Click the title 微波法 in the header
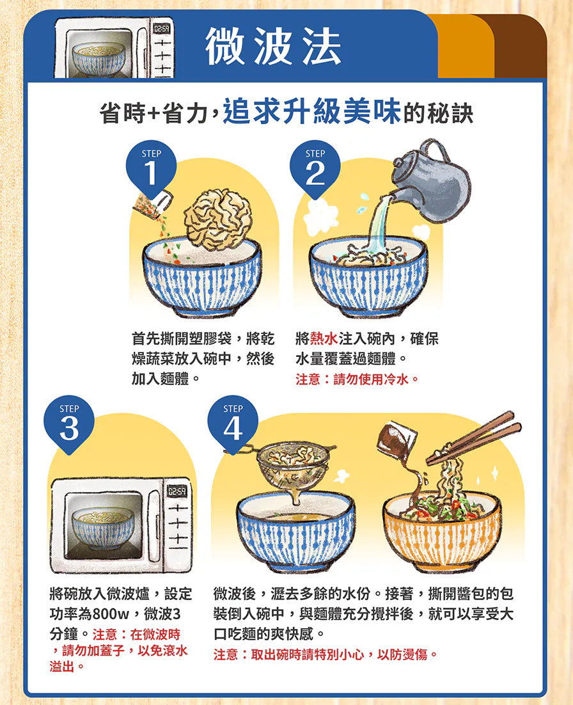click(x=273, y=46)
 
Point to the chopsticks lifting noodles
click(x=474, y=437)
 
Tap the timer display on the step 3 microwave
click(x=177, y=491)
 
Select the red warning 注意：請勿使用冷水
click(x=357, y=379)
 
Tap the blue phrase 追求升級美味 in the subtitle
click(x=312, y=111)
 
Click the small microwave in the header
click(x=114, y=48)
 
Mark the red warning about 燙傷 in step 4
click(x=326, y=654)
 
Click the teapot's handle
click(x=435, y=149)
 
